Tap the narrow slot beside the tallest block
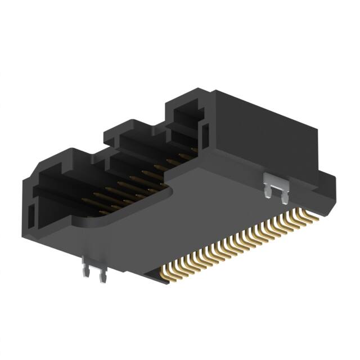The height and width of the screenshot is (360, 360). (x=205, y=133)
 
